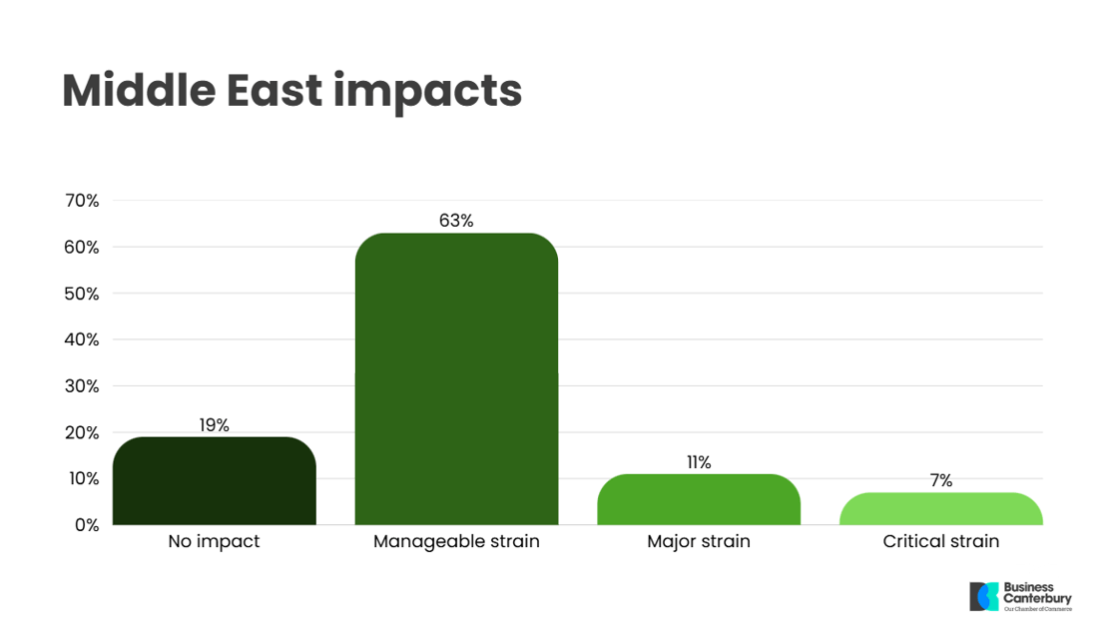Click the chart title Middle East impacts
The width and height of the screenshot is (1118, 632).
[x=291, y=92]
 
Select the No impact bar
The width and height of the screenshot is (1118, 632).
[x=214, y=481]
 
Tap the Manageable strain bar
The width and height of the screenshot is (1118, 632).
[x=456, y=378]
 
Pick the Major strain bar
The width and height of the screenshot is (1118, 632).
[x=699, y=499]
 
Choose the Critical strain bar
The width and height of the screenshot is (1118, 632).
[x=941, y=508]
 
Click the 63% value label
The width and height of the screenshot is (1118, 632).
[x=456, y=221]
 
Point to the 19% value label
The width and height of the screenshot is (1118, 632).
[x=214, y=425]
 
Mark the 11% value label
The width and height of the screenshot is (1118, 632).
[x=699, y=462]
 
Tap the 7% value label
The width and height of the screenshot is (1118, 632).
[x=941, y=480]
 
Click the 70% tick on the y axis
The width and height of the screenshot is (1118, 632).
[x=82, y=201]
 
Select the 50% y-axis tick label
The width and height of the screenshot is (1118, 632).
[x=82, y=294]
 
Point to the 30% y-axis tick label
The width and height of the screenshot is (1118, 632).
[x=82, y=386]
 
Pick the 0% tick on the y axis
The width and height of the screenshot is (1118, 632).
[x=87, y=525]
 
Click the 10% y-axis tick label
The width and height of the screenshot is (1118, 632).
[x=84, y=478]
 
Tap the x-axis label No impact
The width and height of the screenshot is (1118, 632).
[x=214, y=541]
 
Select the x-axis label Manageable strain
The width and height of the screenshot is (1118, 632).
[x=456, y=541]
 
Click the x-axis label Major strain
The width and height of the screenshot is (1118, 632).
[x=699, y=541]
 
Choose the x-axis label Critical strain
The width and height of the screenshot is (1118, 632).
[x=941, y=541]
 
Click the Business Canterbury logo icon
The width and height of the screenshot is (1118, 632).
[x=984, y=596]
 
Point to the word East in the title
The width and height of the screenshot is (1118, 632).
[x=275, y=91]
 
